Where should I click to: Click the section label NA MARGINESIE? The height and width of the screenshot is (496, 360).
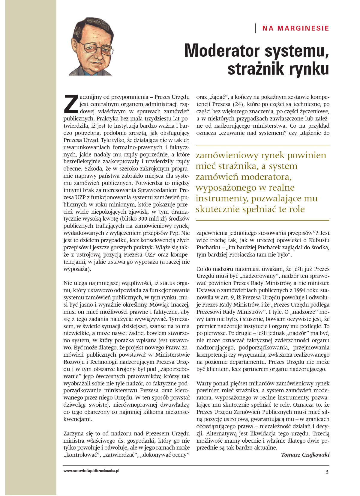coord(295,28)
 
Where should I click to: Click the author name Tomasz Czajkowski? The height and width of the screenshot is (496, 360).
coord(305,455)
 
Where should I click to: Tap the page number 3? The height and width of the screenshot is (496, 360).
coord(327,472)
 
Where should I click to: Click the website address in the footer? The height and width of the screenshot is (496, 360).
coord(91,471)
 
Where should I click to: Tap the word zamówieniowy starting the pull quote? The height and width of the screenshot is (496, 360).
coord(227,156)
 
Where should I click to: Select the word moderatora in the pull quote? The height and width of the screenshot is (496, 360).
coord(266,177)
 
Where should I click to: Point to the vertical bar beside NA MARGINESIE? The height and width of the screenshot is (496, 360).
coord(255,28)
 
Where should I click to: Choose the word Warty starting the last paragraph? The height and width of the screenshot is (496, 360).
coord(203,383)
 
